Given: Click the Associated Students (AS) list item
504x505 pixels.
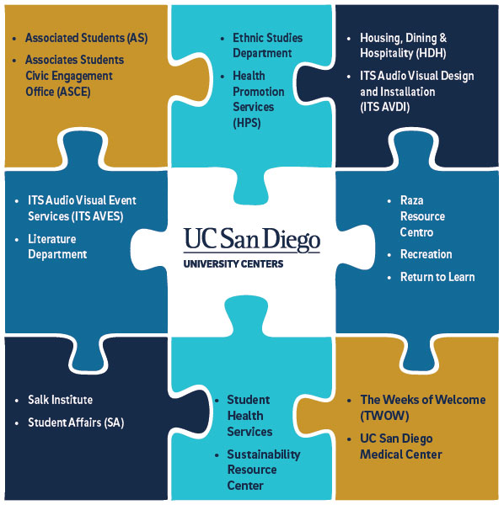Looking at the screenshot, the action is click(87, 38).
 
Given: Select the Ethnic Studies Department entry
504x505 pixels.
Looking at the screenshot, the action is click(268, 45).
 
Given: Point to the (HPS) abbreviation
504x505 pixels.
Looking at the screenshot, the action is click(247, 123).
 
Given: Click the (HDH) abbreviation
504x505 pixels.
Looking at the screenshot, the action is click(431, 53).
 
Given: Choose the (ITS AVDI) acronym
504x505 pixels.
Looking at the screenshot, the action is click(384, 107).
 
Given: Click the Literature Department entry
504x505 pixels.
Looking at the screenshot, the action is click(57, 247).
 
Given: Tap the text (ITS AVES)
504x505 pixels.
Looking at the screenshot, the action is click(98, 216).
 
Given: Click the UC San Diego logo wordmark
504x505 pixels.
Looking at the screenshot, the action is click(252, 240).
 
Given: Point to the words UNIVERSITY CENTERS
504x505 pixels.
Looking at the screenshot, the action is click(233, 264).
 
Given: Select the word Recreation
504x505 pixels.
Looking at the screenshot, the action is click(426, 254).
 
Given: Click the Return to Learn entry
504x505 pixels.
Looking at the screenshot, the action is click(437, 277).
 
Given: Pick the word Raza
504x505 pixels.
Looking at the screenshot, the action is click(412, 200).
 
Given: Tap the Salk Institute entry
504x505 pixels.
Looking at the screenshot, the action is click(61, 400).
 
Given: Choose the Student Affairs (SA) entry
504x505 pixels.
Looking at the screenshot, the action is click(76, 423).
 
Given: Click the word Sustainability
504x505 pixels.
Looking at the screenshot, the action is click(264, 454).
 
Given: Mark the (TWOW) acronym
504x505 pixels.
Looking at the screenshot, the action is click(384, 416).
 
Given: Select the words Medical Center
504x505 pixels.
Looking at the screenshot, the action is click(401, 454).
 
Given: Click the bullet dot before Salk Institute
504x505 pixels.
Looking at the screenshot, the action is click(17, 401).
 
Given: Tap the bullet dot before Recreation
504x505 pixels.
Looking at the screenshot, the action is click(389, 255).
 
